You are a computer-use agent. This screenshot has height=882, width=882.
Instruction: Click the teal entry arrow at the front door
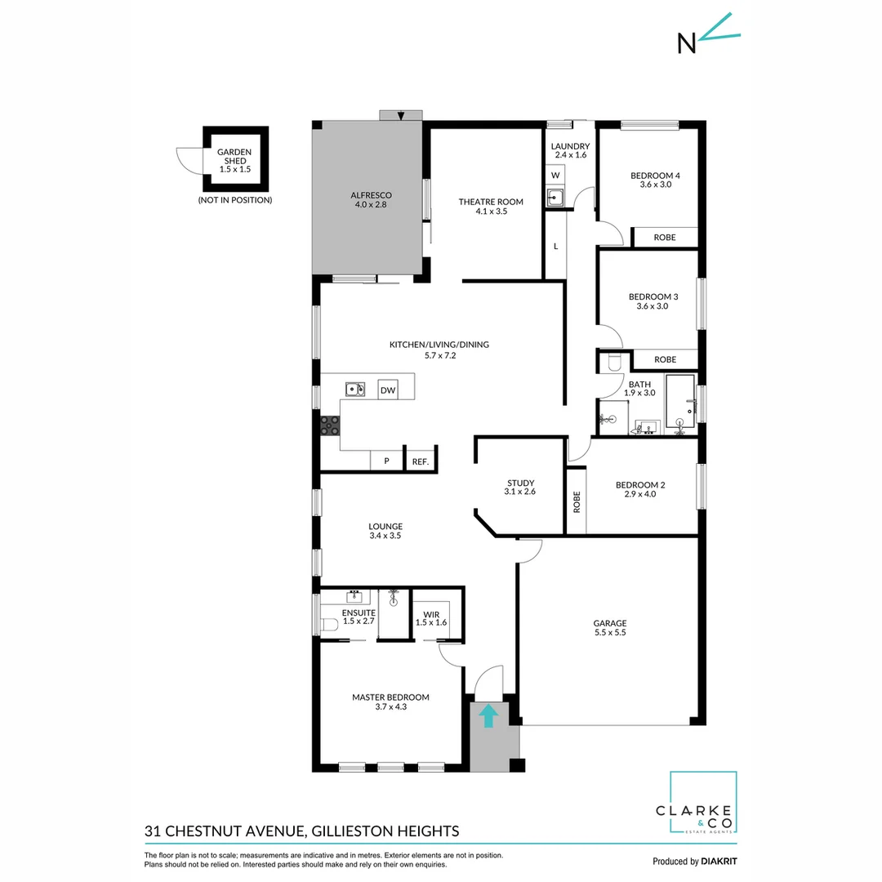(488, 715)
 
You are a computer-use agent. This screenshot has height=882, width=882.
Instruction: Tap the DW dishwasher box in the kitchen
(388, 391)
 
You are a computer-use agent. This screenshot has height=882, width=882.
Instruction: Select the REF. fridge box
(421, 461)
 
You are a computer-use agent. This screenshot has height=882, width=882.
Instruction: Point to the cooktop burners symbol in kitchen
(330, 424)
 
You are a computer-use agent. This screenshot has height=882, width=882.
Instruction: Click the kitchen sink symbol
(354, 389)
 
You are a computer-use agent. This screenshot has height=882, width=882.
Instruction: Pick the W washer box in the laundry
(555, 176)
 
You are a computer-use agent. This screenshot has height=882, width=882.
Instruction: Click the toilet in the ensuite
(329, 626)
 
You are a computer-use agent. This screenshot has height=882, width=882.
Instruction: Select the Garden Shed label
(234, 157)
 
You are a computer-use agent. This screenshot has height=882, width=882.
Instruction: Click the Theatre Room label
(490, 202)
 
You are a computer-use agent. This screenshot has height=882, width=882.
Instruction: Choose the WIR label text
(430, 613)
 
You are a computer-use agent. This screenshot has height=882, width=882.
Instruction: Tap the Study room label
(520, 483)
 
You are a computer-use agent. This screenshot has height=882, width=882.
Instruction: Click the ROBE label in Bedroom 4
(665, 238)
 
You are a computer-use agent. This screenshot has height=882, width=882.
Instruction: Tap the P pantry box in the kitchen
(387, 461)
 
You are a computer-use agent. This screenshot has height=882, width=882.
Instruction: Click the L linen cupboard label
(555, 246)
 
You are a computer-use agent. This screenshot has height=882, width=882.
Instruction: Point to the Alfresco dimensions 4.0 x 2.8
(372, 206)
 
